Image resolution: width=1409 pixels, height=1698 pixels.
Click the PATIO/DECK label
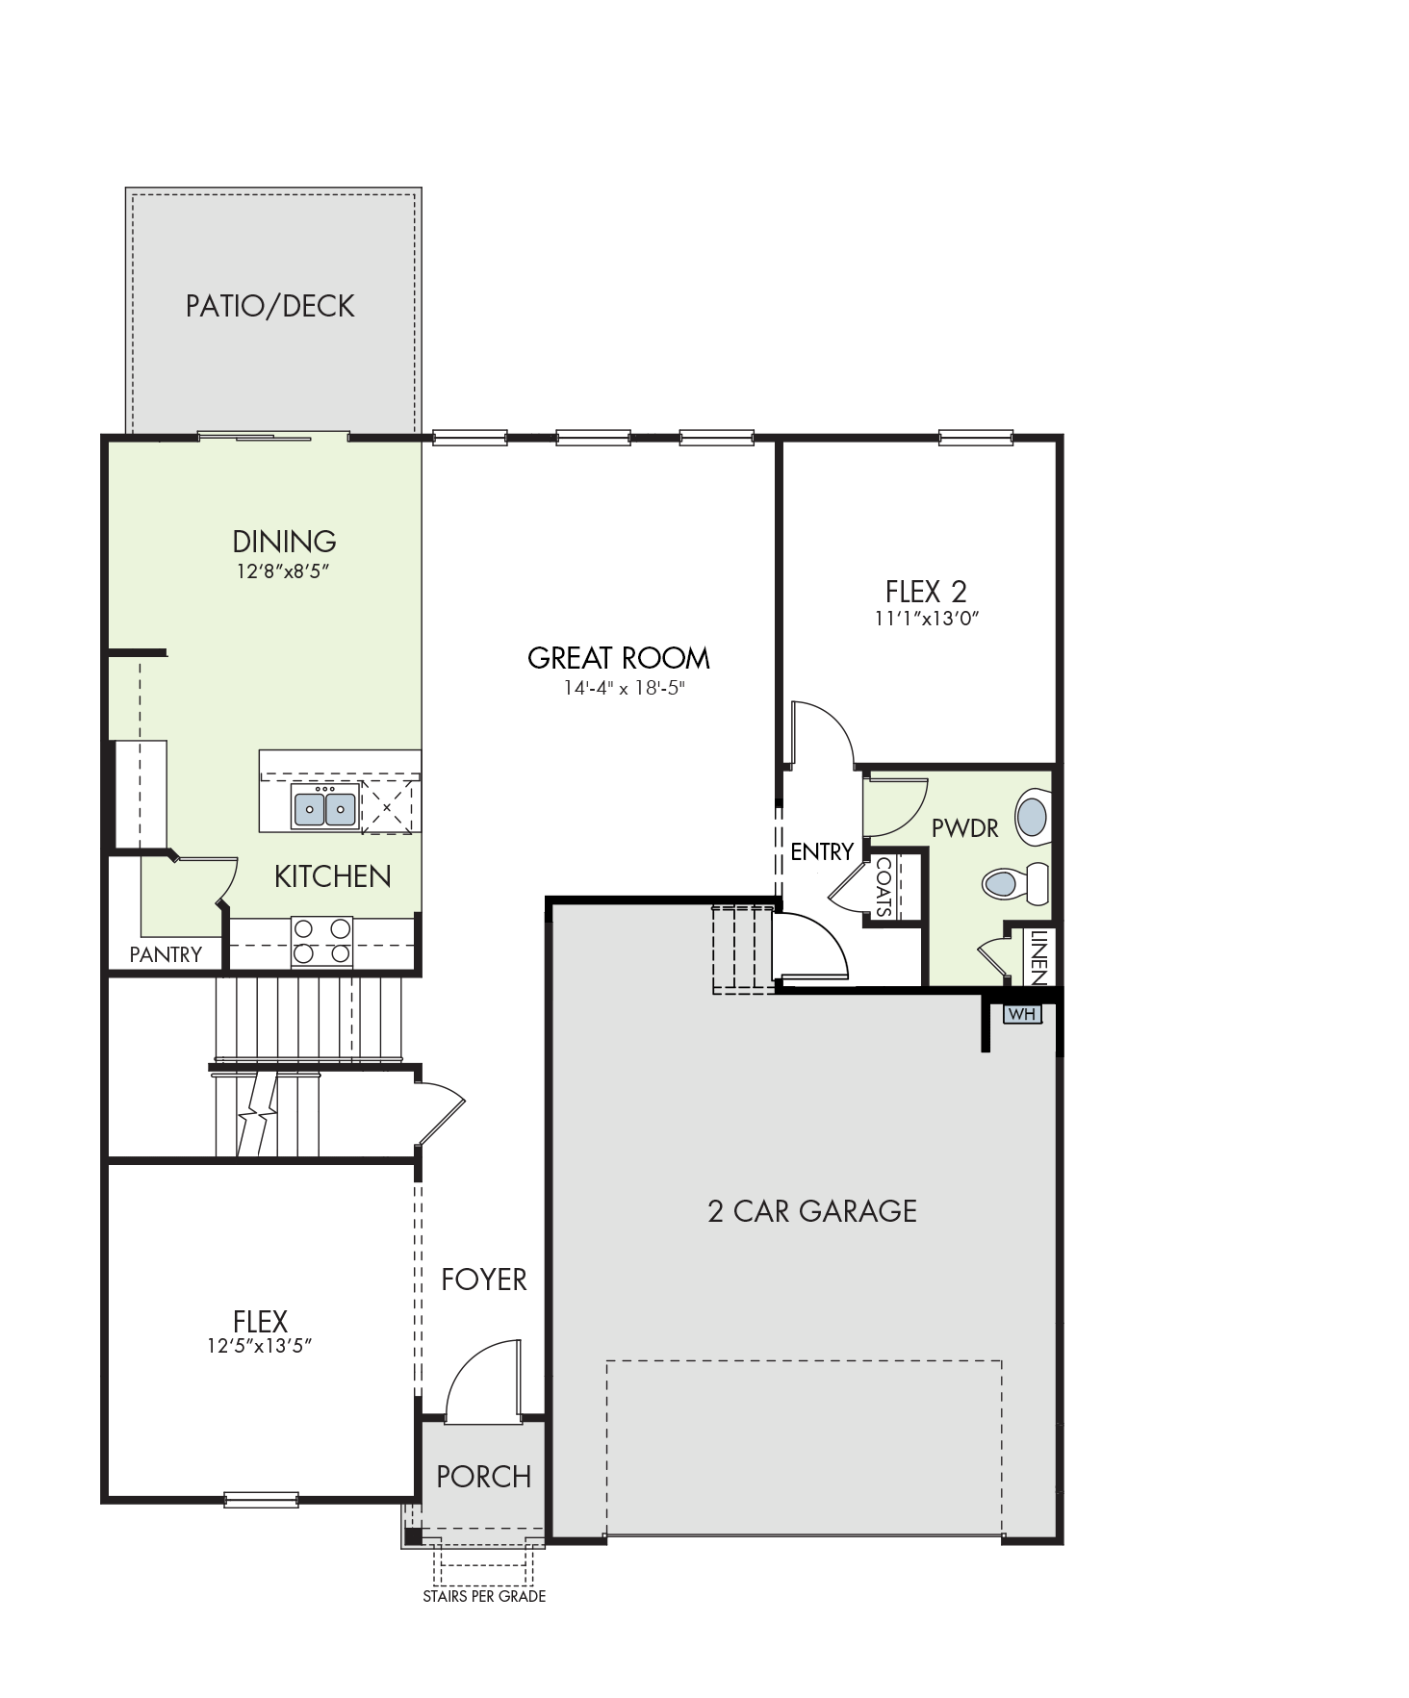pyautogui.click(x=269, y=306)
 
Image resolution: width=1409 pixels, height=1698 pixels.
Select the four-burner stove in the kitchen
pyautogui.click(x=322, y=942)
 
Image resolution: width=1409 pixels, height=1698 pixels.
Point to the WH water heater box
pyautogui.click(x=1022, y=1014)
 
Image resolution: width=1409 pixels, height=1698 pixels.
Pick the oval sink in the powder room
pyautogui.click(x=1032, y=817)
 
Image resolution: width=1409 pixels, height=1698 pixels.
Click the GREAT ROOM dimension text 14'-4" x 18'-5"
pyautogui.click(x=624, y=688)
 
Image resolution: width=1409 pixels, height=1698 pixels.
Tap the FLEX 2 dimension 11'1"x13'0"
pyautogui.click(x=926, y=619)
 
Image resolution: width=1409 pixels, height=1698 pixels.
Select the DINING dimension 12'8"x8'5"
pyautogui.click(x=284, y=571)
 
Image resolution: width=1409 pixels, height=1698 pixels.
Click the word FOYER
pyautogui.click(x=484, y=1280)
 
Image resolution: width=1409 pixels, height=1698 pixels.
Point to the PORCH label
pyautogui.click(x=483, y=1477)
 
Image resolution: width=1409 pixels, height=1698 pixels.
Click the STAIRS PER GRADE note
pyautogui.click(x=484, y=1596)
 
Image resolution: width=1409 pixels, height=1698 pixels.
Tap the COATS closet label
pyautogui.click(x=884, y=887)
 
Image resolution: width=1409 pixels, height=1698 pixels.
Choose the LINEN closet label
pyautogui.click(x=1038, y=957)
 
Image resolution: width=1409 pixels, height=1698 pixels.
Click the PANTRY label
pyautogui.click(x=166, y=954)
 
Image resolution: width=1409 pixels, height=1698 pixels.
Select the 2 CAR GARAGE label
pyautogui.click(x=812, y=1210)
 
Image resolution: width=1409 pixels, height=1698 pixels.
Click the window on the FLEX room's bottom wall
pyautogui.click(x=261, y=1499)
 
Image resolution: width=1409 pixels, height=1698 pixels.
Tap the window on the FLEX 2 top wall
pyautogui.click(x=976, y=439)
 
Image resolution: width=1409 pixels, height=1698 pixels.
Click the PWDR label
pyautogui.click(x=964, y=827)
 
